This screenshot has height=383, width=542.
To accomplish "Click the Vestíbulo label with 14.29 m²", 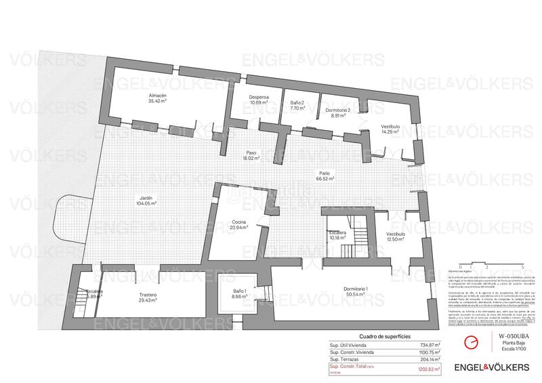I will point(390,129).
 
